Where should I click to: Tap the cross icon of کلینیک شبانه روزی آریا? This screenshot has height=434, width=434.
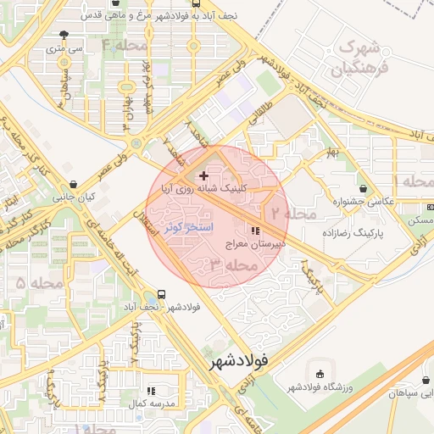coord(203,175)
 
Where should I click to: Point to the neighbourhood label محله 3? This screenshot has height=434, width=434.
coord(233,265)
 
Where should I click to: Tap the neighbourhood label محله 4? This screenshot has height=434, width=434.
coord(125,44)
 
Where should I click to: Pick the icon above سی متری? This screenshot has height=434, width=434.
coord(65,36)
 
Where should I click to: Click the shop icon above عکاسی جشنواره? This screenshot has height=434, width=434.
coord(363,188)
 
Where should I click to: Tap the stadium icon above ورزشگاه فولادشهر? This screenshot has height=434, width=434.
coord(320,374)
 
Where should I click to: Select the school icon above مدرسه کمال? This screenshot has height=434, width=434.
coord(151,391)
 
